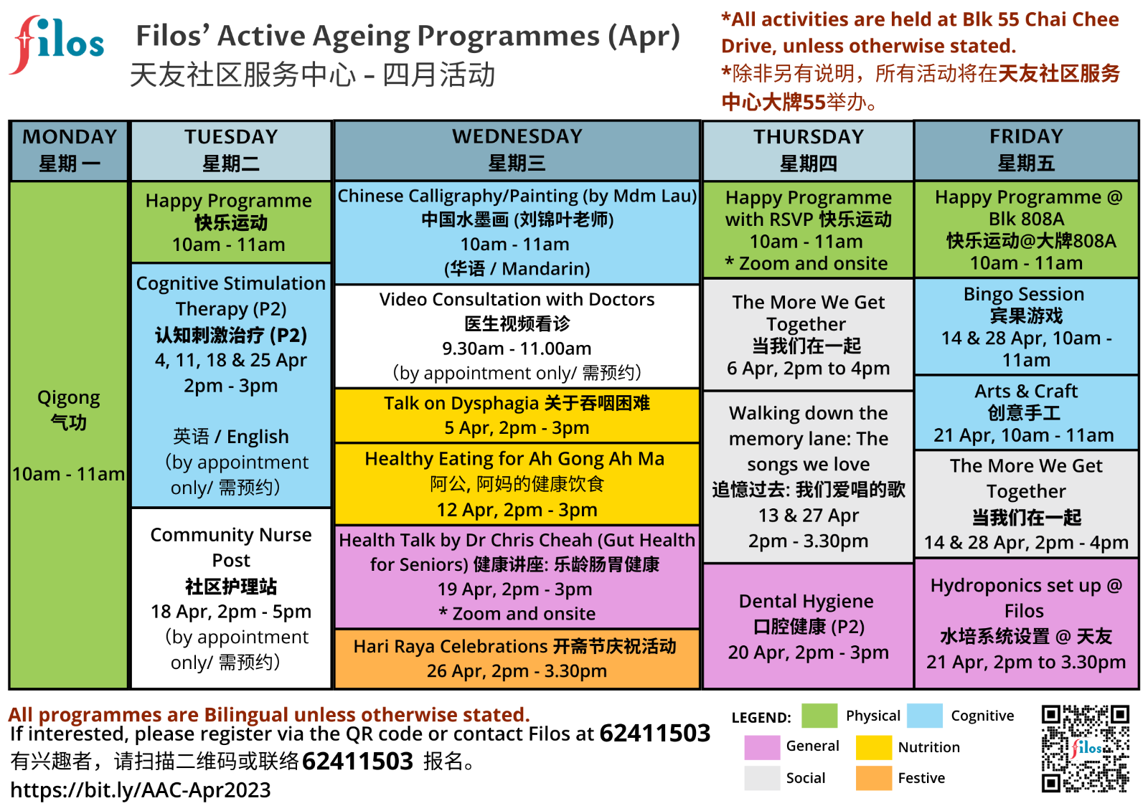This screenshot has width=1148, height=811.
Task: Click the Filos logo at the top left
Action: tap(57, 45)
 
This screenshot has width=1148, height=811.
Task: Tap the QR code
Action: tap(1085, 749)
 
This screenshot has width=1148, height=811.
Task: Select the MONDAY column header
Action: tap(69, 151)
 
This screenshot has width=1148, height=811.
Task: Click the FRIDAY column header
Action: tap(1026, 151)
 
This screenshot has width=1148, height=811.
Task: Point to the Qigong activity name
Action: tap(69, 397)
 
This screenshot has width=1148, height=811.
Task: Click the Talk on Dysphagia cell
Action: tap(517, 415)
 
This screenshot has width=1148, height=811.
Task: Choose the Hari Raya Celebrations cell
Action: tap(517, 658)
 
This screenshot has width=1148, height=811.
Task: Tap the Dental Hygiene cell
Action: tap(808, 626)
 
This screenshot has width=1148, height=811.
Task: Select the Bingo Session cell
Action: tap(1026, 327)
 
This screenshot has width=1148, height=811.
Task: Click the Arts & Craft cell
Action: tap(1026, 413)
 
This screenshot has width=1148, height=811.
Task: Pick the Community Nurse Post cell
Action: tap(231, 598)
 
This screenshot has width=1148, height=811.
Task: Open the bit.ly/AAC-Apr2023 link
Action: tap(141, 789)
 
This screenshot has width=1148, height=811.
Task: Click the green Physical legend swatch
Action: tap(819, 716)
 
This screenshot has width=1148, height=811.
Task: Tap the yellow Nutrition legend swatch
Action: tap(874, 747)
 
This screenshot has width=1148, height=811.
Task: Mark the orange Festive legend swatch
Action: tap(874, 778)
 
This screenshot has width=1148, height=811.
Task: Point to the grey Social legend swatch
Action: tap(762, 778)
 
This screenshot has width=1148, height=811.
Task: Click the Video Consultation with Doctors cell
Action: tap(517, 336)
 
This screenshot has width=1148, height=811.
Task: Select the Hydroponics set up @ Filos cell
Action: tap(1026, 624)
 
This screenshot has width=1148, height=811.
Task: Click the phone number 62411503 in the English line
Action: tap(655, 733)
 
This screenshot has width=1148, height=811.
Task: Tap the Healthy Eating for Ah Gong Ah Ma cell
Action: tap(517, 483)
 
